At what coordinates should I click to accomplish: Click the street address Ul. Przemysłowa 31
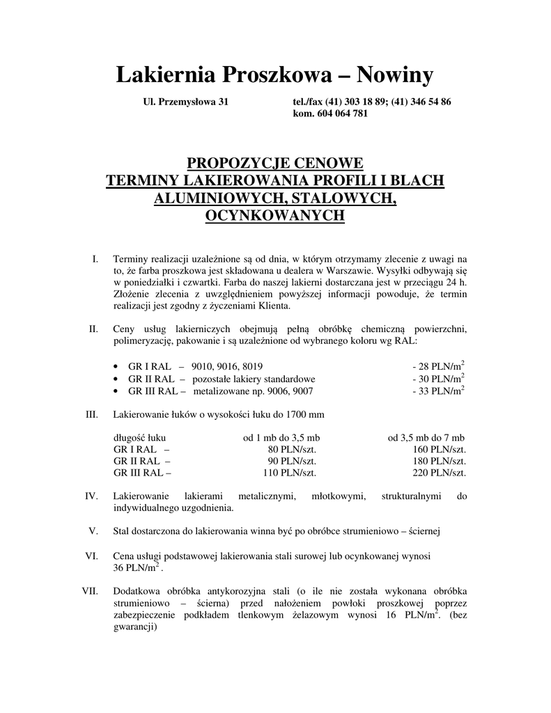185,102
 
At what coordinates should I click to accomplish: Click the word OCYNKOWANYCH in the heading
275,216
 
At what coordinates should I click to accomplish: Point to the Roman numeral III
91,414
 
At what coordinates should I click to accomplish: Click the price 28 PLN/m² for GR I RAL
438,366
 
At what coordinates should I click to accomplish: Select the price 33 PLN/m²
438,391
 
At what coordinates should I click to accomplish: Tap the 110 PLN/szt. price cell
289,473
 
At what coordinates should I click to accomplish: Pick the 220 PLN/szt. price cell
438,473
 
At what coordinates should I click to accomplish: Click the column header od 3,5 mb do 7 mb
426,437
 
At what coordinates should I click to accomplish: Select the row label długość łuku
139,437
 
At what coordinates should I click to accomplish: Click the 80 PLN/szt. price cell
292,449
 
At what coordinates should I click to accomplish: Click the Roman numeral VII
89,591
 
